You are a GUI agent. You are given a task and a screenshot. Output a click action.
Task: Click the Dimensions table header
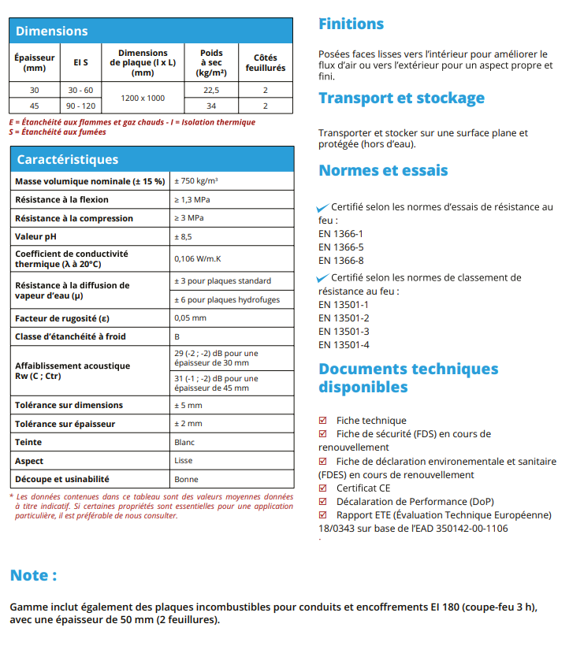[52, 32]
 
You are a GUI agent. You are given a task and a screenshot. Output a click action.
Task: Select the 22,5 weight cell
[211, 91]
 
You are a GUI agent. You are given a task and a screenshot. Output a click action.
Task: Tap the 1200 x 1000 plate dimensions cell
[142, 98]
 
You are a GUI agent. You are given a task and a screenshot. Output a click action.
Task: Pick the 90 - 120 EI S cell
[80, 106]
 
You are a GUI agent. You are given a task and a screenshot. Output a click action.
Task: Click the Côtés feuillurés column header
[265, 63]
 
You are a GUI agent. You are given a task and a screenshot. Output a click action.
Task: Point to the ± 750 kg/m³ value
[196, 181]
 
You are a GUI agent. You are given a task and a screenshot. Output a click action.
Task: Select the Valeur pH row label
[36, 236]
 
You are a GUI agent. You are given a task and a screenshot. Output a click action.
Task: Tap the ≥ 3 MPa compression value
[188, 218]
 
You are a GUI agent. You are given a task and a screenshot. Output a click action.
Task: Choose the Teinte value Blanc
[184, 443]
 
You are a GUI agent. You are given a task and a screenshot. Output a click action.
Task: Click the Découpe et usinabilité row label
[62, 479]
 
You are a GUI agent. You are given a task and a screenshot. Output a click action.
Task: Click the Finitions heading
[351, 24]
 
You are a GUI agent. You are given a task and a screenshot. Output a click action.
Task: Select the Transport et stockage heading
[401, 98]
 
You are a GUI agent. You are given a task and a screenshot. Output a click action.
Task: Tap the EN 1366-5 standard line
[340, 247]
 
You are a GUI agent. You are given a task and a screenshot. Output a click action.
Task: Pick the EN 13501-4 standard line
[344, 345]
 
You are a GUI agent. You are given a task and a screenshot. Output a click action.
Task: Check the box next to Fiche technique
[322, 421]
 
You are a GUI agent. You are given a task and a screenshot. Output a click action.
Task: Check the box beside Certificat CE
[322, 488]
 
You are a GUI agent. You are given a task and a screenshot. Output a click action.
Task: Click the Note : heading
[33, 576]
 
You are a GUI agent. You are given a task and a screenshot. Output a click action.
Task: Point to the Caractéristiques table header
[68, 159]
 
